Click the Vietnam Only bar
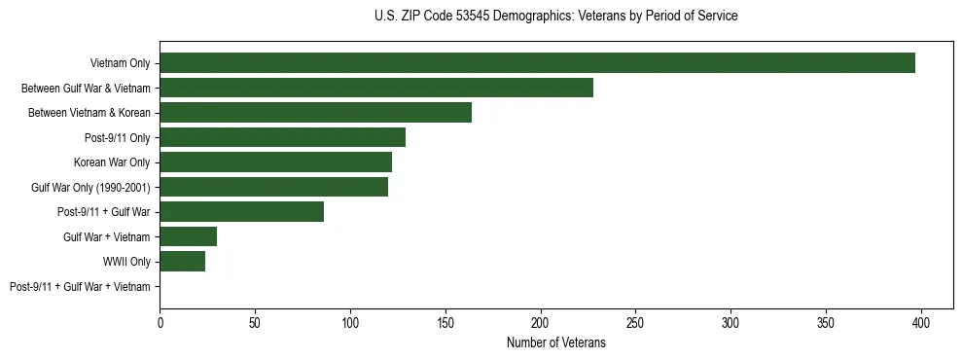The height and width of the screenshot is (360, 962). [537, 63]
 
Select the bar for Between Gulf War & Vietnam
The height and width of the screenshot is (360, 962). [376, 88]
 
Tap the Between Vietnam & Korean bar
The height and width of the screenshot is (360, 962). [315, 113]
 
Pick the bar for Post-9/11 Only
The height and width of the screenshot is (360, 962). [282, 137]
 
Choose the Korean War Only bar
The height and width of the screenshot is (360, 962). [275, 162]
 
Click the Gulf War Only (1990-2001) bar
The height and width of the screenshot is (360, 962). [273, 187]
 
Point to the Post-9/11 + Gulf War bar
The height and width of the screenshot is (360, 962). [241, 212]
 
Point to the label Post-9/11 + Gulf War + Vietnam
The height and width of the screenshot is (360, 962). [80, 287]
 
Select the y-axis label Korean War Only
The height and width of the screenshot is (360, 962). [112, 162]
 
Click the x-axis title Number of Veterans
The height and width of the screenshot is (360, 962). [555, 342]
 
